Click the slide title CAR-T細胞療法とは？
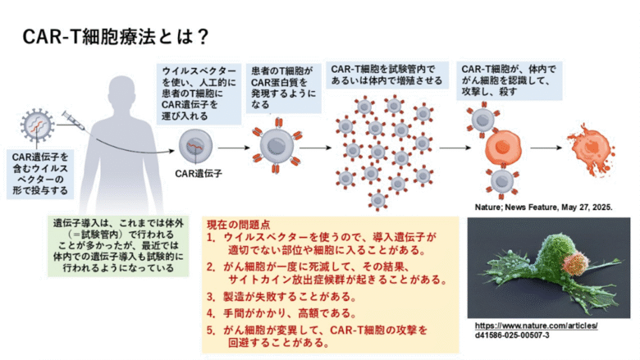click(116, 36)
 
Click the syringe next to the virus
click(74, 121)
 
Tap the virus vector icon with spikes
click(37, 125)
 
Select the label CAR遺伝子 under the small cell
click(199, 174)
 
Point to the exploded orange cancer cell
click(592, 149)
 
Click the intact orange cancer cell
click(503, 148)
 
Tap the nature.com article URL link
click(536, 330)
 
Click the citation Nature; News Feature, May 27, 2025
click(544, 207)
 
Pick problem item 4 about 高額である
click(281, 313)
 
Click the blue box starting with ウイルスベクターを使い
click(199, 93)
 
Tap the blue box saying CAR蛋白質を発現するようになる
click(284, 88)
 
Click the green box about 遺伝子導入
click(118, 246)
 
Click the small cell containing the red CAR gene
click(196, 146)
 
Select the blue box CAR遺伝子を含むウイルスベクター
click(40, 174)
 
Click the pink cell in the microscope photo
click(575, 262)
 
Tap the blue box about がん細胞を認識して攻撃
click(509, 80)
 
